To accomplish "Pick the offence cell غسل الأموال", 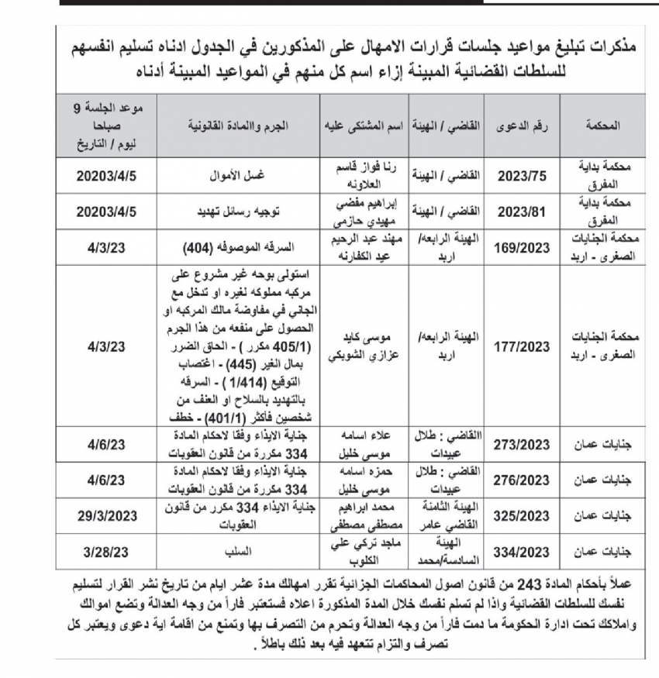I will [x=240, y=176].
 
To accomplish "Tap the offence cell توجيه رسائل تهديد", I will [x=240, y=209].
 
